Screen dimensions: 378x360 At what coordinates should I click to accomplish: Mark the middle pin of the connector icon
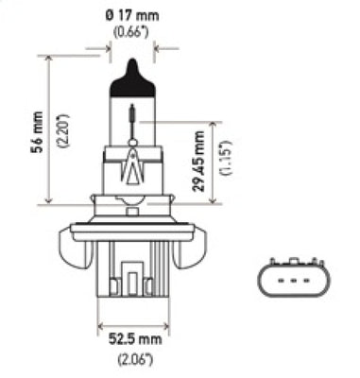click(x=293, y=281)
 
